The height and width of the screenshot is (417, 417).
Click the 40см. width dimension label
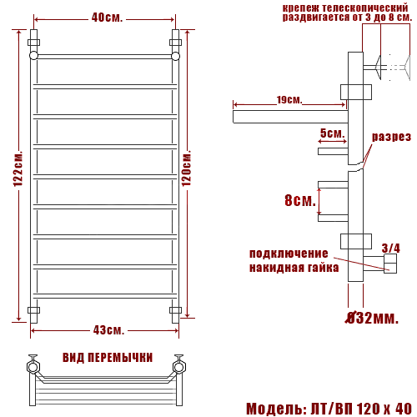107,18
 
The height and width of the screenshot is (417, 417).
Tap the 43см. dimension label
108,330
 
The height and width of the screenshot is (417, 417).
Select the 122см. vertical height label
18,169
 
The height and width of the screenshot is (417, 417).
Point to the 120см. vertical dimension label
187,168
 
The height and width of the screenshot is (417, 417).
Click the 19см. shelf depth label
289,100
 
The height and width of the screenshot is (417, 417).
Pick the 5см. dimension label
333,133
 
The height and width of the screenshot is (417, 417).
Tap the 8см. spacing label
300,200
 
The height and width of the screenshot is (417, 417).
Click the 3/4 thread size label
391,248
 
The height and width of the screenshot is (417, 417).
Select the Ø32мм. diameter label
372,318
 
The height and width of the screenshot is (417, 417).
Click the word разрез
391,137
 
